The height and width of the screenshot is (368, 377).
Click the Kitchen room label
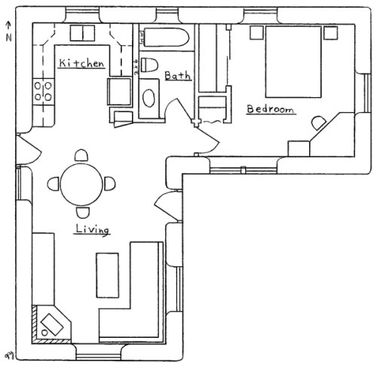[81, 64]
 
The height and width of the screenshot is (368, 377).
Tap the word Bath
[178, 76]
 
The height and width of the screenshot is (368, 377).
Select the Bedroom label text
[270, 110]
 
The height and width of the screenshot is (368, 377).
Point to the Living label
[92, 229]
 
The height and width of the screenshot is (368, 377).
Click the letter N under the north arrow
[8, 38]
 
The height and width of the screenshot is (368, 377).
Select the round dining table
[79, 182]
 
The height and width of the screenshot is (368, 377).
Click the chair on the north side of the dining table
[79, 155]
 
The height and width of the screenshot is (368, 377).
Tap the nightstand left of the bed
[256, 32]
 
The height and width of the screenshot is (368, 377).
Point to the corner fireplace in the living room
[51, 324]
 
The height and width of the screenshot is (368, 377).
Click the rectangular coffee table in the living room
[107, 275]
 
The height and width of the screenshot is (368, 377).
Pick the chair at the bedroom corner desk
[320, 120]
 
